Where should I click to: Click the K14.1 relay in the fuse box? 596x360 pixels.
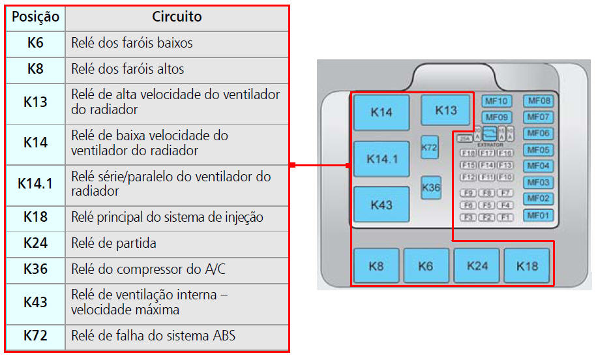(x=381, y=159)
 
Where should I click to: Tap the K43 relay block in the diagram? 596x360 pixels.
(x=381, y=205)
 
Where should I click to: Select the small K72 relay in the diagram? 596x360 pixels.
(x=429, y=148)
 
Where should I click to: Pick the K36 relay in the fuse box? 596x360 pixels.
(x=431, y=188)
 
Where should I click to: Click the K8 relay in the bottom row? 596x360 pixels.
(x=376, y=266)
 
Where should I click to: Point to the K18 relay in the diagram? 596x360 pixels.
(x=526, y=266)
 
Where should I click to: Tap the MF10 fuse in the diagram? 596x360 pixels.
(x=496, y=101)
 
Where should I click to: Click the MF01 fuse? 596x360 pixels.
(x=539, y=215)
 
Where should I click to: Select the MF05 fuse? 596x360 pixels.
(x=539, y=150)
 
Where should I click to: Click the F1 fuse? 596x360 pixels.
(x=505, y=217)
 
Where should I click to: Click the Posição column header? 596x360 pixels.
(x=35, y=17)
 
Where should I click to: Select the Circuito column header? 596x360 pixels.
(x=177, y=17)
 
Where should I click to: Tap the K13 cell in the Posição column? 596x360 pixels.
(x=35, y=102)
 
